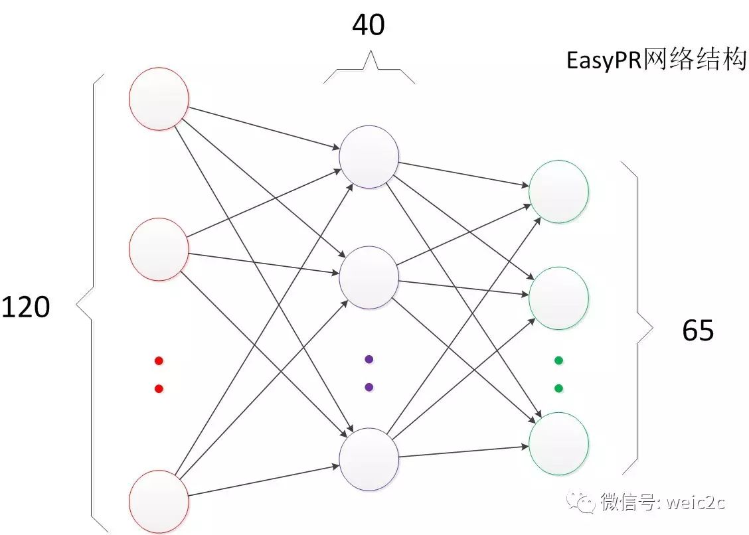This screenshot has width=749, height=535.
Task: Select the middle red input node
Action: tap(158, 248)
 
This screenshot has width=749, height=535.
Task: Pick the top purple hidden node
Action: tap(369, 157)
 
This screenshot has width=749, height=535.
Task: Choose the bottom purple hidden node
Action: tap(369, 458)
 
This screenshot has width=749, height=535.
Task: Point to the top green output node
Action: tap(558, 191)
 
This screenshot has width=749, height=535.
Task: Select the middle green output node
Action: tap(558, 298)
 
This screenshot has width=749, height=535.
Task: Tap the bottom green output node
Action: tap(558, 443)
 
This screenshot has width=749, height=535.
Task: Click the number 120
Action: tap(25, 307)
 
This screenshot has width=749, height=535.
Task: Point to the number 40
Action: tap(369, 25)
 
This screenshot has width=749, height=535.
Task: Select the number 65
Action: tap(698, 329)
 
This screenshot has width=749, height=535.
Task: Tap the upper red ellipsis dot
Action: tap(158, 361)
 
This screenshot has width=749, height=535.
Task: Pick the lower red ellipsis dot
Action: tap(158, 388)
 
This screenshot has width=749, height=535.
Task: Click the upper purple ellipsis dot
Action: tap(369, 359)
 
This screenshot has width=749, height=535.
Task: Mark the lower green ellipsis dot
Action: tap(558, 388)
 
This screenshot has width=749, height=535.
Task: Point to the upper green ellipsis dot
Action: tap(558, 360)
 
